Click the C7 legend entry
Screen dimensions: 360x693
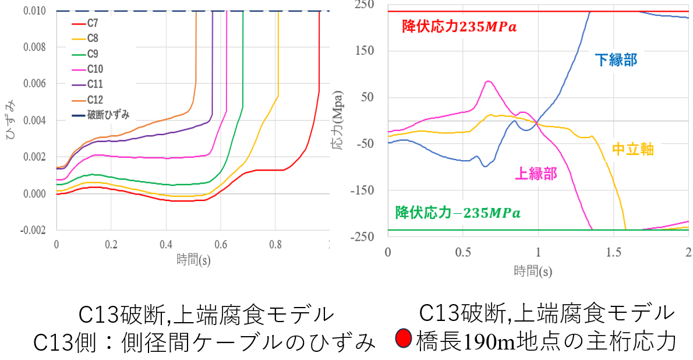[x=92, y=24]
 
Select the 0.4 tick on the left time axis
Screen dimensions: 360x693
[x=166, y=245]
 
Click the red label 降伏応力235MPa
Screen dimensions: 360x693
[x=459, y=27]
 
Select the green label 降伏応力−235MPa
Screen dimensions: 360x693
[x=458, y=212]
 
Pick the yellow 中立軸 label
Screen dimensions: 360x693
[x=633, y=149]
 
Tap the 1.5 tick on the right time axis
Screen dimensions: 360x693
[x=613, y=252]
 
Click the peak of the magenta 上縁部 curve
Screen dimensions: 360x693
[x=488, y=81]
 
